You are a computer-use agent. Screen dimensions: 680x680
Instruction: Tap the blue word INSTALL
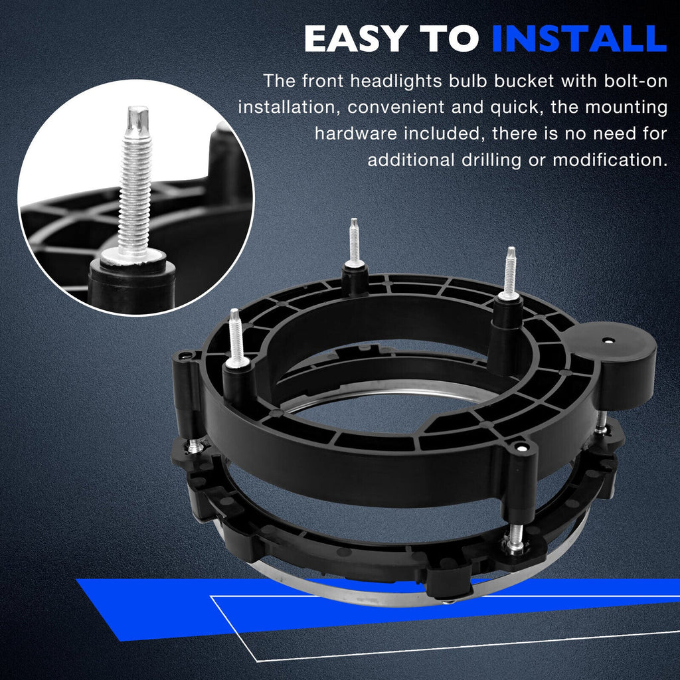(579, 39)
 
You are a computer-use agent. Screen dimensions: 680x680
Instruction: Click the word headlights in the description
(396, 82)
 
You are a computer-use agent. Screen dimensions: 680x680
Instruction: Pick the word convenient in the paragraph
(395, 108)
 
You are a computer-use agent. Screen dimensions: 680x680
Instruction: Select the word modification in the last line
(610, 160)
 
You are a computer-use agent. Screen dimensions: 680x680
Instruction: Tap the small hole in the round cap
(610, 341)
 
